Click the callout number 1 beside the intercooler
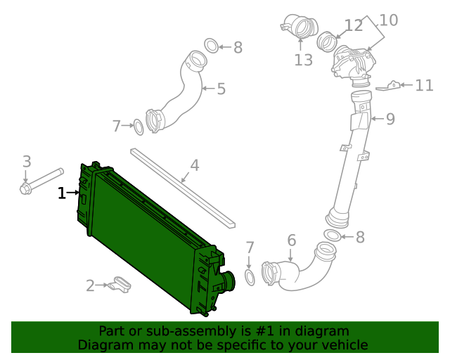[x=62, y=193]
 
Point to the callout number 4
[x=195, y=166]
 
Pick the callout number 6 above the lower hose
[x=292, y=241]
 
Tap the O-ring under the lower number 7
[x=250, y=277]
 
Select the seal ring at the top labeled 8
[x=211, y=46]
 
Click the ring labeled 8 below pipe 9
[x=333, y=235]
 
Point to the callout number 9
[x=390, y=119]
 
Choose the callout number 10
[x=389, y=20]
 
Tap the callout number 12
[x=354, y=26]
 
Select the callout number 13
[x=303, y=60]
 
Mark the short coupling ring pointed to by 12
[x=327, y=41]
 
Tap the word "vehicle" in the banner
[x=344, y=345]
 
